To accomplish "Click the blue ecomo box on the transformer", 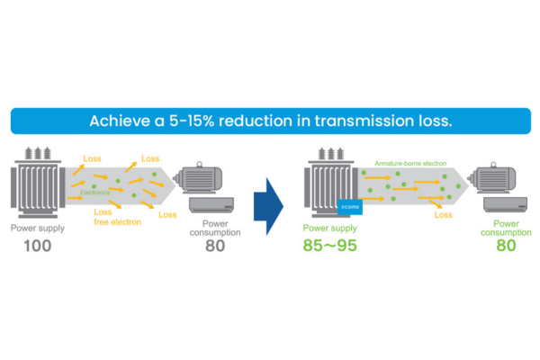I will [350, 207].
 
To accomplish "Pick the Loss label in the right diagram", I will [443, 216].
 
